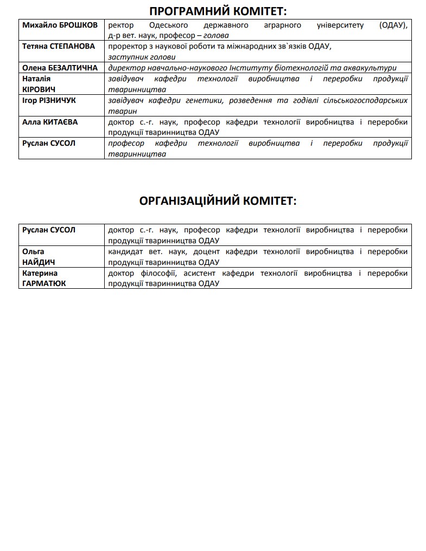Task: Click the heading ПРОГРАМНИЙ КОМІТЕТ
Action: click(x=218, y=12)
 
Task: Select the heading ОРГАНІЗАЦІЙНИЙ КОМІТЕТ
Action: click(x=218, y=201)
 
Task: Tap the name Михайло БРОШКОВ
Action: click(x=60, y=25)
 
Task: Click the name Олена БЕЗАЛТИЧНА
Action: click(x=60, y=68)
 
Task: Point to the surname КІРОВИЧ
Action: click(x=39, y=89)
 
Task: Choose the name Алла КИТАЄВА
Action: click(x=50, y=122)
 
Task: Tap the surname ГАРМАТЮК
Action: click(x=44, y=283)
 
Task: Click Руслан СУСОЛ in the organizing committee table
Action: click(x=49, y=230)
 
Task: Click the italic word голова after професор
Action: click(x=212, y=35)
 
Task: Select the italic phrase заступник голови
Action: click(x=142, y=57)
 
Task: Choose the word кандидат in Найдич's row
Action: click(x=125, y=251)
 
